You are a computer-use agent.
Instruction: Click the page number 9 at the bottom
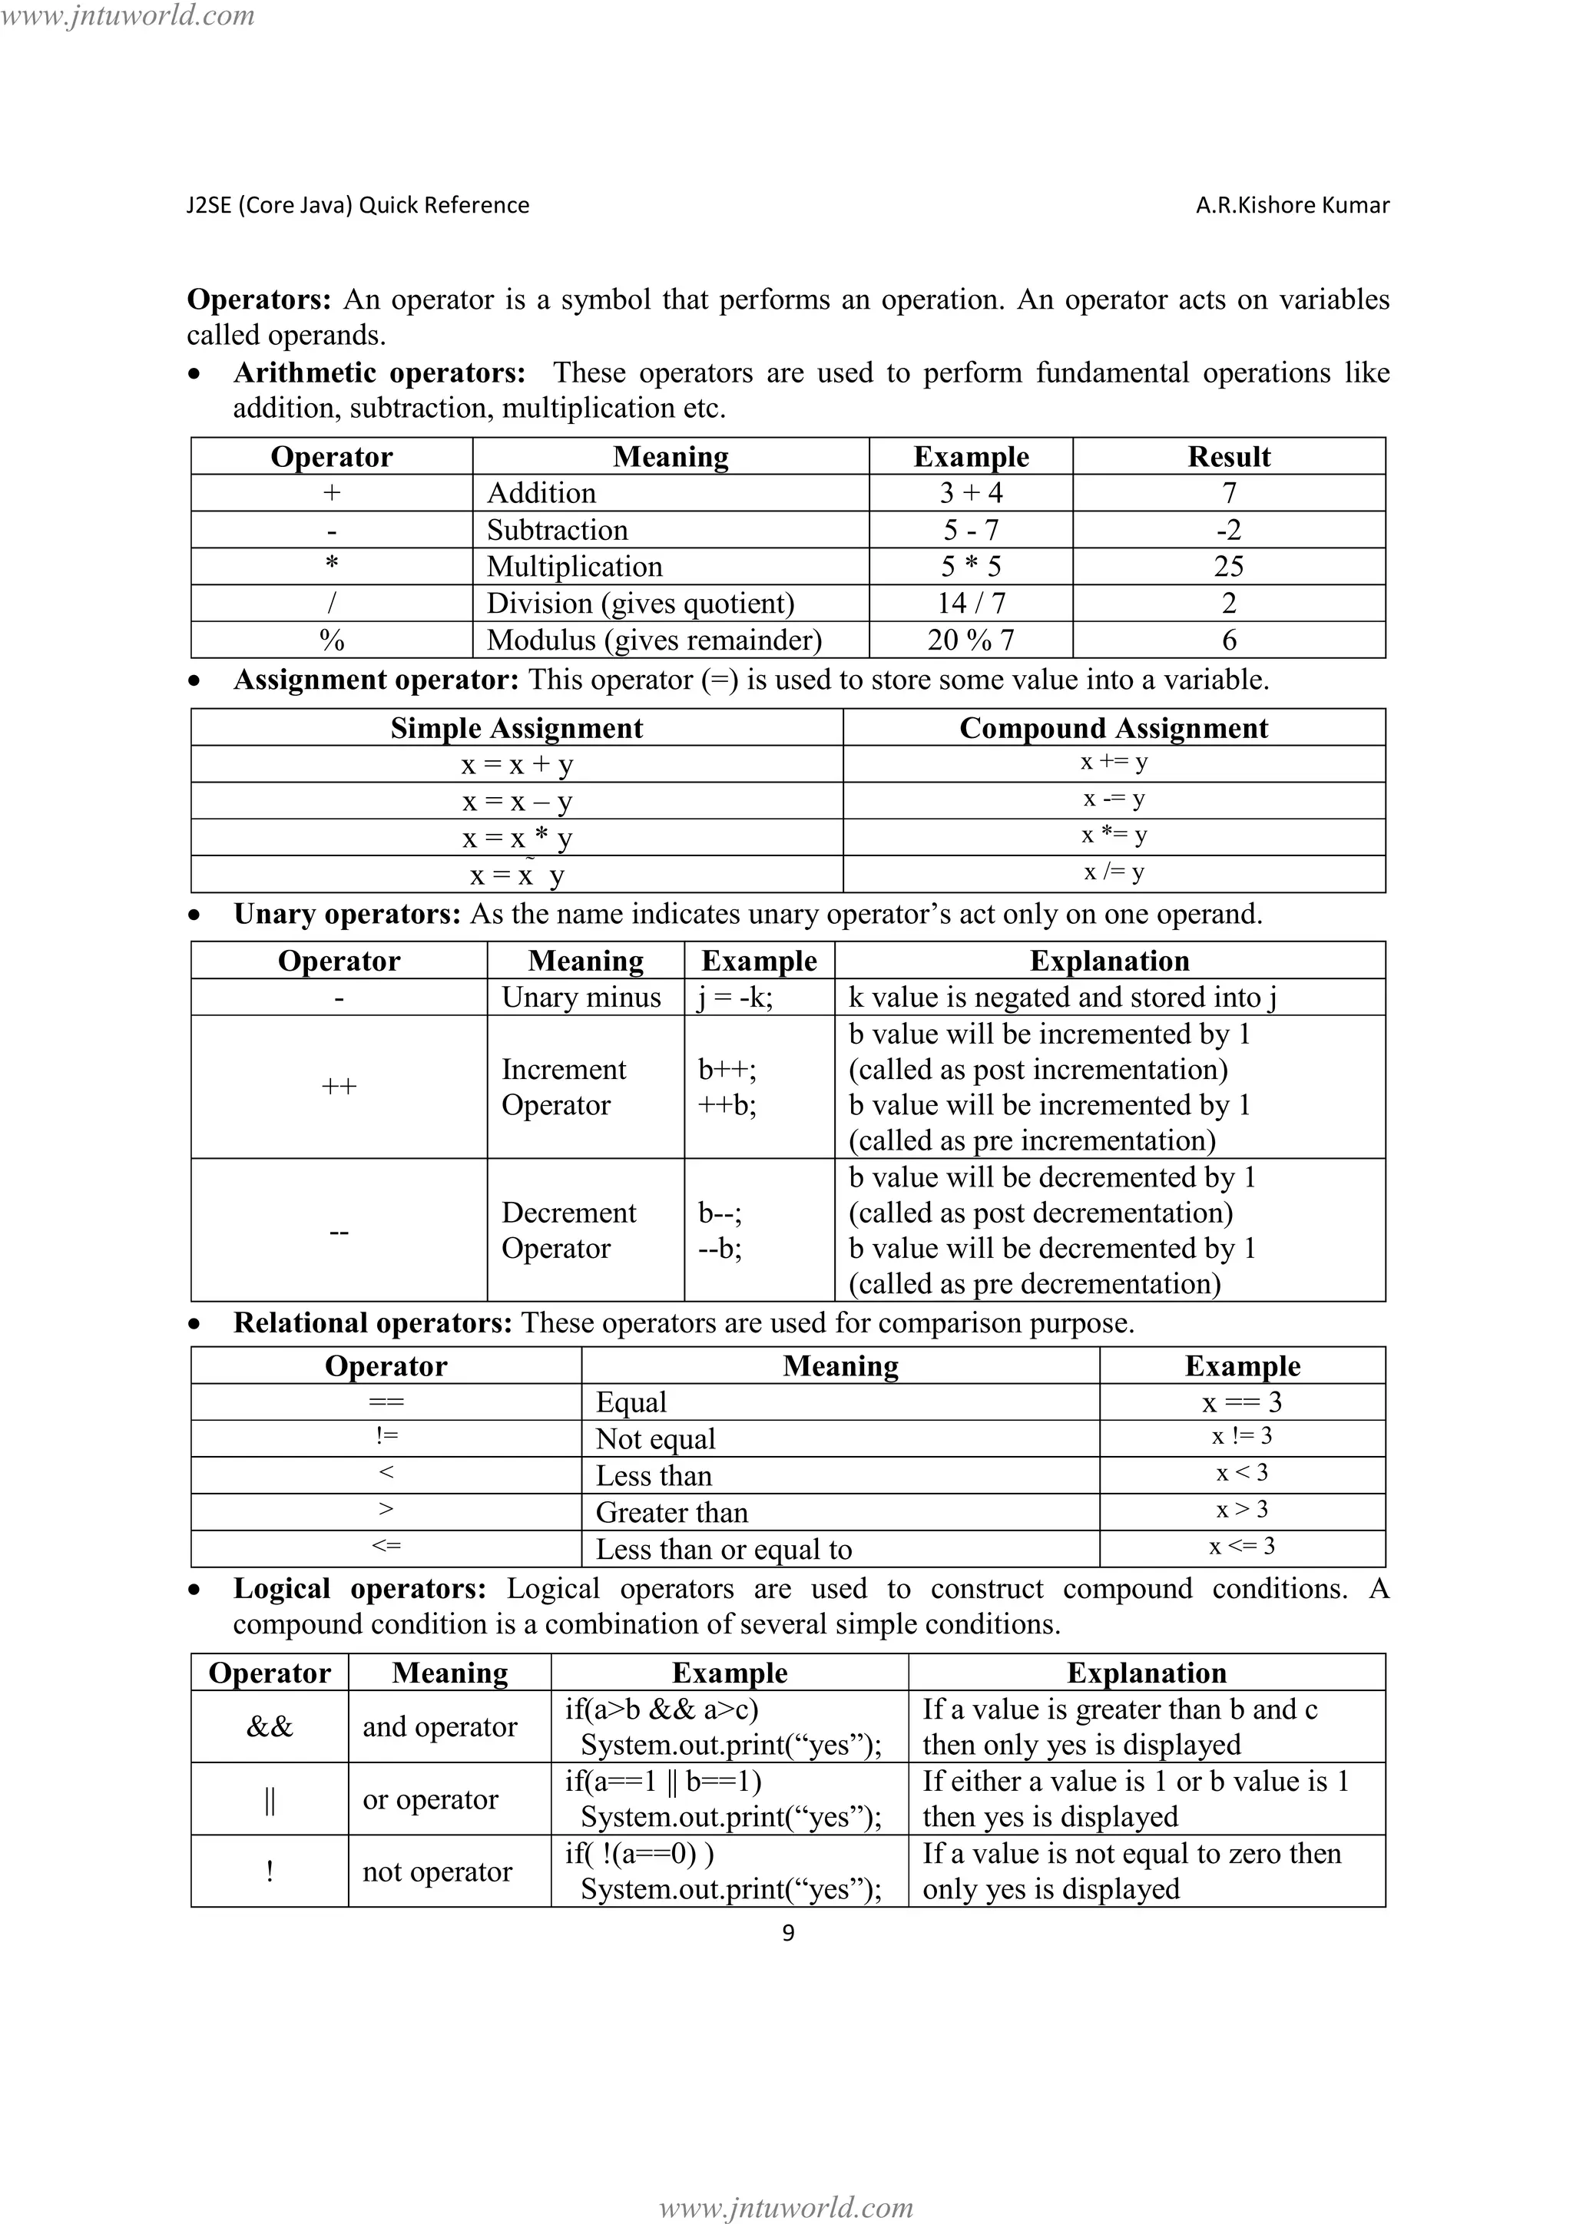click(787, 1932)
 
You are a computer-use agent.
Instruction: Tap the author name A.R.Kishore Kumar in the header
click(1292, 205)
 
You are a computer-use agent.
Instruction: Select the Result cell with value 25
click(1228, 567)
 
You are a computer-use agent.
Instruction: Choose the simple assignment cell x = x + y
click(517, 765)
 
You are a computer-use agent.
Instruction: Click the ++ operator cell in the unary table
click(339, 1087)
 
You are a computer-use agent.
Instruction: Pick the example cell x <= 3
click(1242, 1547)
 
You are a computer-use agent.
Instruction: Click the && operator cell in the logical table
click(270, 1727)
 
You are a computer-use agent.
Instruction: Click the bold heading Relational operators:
click(372, 1323)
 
